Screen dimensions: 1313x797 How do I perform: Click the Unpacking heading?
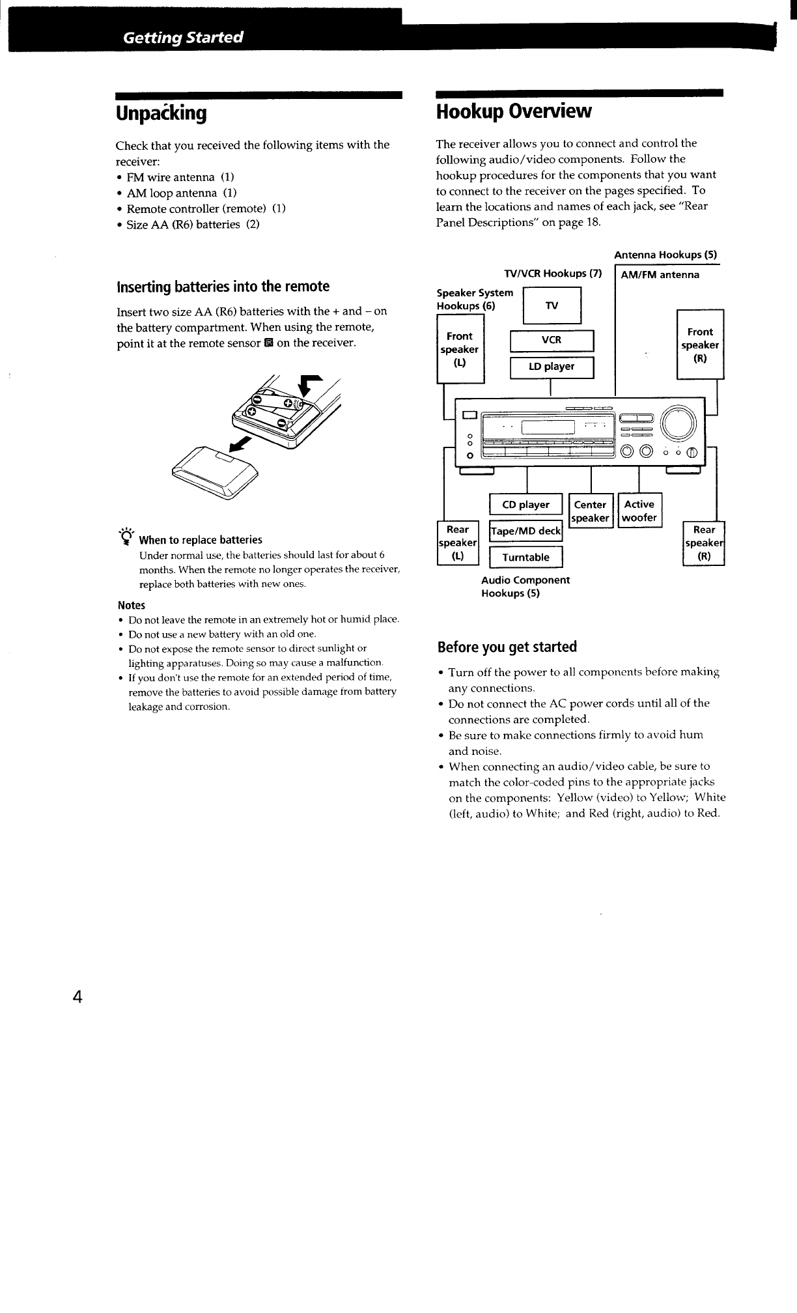point(161,113)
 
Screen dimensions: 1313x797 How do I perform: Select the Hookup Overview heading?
point(514,111)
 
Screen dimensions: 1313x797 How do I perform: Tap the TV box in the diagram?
point(552,305)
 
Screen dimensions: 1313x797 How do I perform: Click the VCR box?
point(552,341)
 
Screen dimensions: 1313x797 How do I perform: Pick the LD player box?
point(552,367)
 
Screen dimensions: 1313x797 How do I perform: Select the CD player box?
point(525,505)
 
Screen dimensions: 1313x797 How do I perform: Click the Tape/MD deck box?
point(525,531)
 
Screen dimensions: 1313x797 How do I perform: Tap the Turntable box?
point(525,558)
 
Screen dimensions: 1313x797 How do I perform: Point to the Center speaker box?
point(590,511)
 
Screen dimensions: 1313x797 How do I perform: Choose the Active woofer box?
point(639,511)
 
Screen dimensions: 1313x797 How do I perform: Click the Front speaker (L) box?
point(460,349)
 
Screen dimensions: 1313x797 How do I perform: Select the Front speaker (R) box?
point(700,345)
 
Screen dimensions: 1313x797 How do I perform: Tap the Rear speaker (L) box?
point(458,543)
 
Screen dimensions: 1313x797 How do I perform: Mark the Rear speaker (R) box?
point(704,543)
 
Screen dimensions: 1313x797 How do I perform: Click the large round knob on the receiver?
point(678,422)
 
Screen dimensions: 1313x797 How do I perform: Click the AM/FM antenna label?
point(660,275)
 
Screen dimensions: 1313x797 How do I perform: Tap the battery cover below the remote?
point(216,472)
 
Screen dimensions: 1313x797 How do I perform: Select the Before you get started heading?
point(507,647)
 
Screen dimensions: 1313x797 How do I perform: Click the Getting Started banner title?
point(183,37)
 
